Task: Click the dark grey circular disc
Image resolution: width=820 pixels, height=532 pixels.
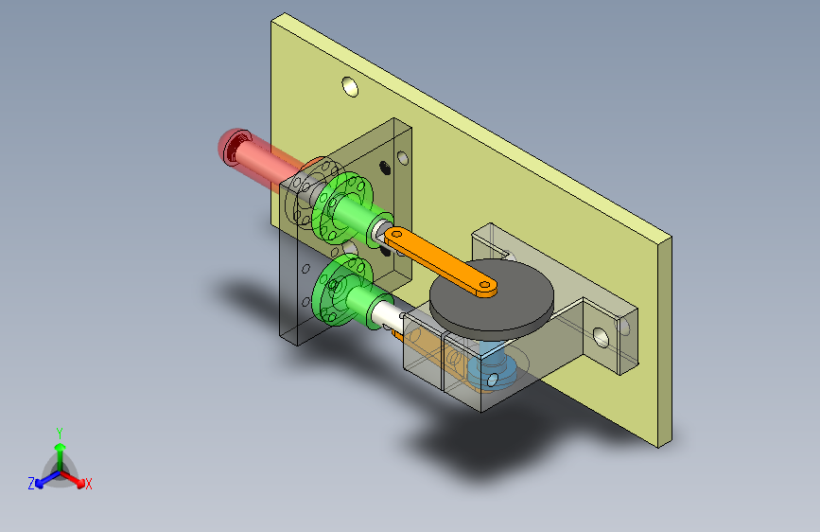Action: pyautogui.click(x=491, y=296)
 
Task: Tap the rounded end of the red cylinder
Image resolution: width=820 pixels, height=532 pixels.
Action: pyautogui.click(x=233, y=147)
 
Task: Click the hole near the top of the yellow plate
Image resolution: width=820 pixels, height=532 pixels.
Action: pyautogui.click(x=350, y=87)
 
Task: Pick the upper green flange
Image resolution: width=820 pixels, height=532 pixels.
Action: pyautogui.click(x=342, y=206)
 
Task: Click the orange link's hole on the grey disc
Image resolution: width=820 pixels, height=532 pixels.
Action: pyautogui.click(x=485, y=286)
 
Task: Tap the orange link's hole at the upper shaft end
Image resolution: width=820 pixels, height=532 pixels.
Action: pyautogui.click(x=396, y=234)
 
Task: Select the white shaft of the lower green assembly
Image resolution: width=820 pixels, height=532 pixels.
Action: pyautogui.click(x=386, y=313)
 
